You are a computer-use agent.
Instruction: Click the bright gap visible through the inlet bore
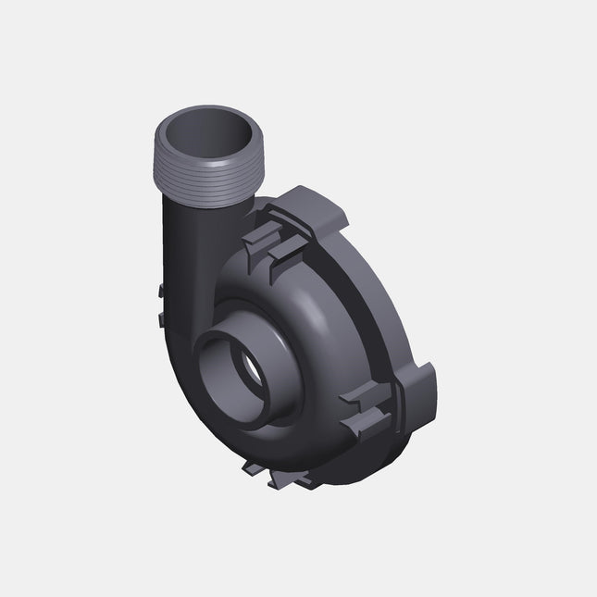252,371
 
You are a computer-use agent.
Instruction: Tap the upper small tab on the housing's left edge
160,291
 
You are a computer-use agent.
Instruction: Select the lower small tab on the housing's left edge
160,319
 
